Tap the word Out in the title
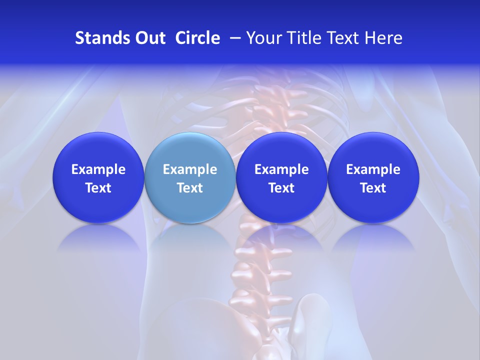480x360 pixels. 149,38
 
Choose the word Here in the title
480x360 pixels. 383,38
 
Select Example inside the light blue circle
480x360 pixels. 190,169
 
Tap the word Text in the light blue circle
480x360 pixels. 190,188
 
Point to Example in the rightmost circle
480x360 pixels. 373,169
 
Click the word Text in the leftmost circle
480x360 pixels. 98,188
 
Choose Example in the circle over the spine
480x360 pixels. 281,169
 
